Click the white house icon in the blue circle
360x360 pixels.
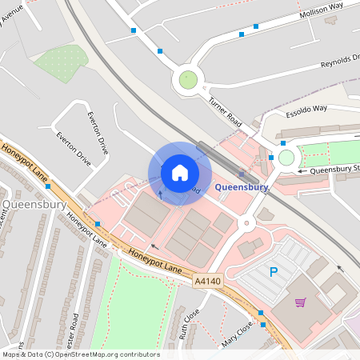click(180, 173)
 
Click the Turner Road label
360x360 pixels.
click(225, 113)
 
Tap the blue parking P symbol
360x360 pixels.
click(273, 273)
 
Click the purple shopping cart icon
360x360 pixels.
click(300, 302)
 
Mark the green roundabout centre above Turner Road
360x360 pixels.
click(188, 79)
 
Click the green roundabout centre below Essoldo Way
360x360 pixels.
click(286, 158)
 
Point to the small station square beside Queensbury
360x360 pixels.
click(242, 174)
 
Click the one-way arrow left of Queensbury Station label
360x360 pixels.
click(302, 170)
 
